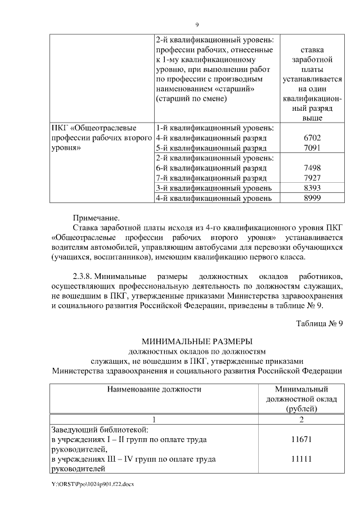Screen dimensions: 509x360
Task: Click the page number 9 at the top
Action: pos(197,24)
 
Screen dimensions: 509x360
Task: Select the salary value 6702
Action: pos(311,138)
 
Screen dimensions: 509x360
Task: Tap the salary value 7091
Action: pos(311,148)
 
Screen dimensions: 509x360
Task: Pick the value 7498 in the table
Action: pos(311,168)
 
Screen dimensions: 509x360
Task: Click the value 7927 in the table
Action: pos(311,178)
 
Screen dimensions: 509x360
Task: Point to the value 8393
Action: pos(311,188)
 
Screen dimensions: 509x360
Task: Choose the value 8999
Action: pos(311,198)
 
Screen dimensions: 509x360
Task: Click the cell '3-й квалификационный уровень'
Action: pos(214,188)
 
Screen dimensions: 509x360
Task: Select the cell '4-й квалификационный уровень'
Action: pos(214,198)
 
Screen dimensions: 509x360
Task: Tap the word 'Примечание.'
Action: pos(97,217)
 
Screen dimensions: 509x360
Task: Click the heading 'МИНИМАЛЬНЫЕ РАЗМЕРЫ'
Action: pos(197,341)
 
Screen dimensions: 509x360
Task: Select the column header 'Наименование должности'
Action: pos(154,389)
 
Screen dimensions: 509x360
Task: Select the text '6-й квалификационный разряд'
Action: pos(211,168)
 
